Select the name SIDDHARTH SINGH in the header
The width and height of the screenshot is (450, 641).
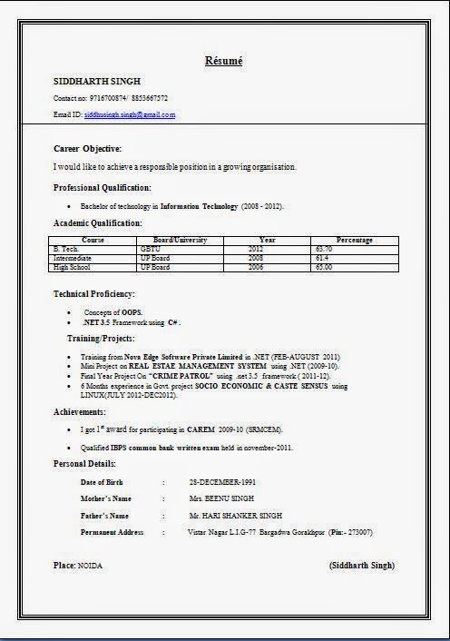[x=97, y=81]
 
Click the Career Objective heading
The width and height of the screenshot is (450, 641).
[x=87, y=148]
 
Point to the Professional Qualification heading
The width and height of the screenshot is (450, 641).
[x=102, y=187]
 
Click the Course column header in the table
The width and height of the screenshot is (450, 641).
[x=93, y=240]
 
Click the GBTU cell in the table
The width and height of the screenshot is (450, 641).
[x=150, y=248]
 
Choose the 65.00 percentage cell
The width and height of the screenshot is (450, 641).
[x=324, y=268]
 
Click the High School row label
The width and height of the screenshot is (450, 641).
[x=73, y=268]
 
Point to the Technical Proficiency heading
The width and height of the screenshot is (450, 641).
[x=93, y=294]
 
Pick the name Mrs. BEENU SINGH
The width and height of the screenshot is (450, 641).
[x=221, y=498]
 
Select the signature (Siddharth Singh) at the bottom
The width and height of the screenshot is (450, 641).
[x=362, y=565]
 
